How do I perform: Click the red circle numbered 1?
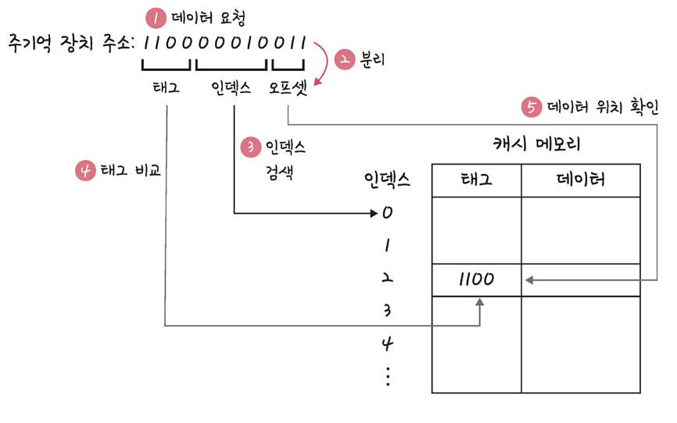point(156,16)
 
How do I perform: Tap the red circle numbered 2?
point(345,61)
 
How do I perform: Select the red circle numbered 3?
point(250,147)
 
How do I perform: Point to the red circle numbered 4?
point(85,171)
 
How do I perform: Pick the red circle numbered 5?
point(532,107)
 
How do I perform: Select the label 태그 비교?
point(130,171)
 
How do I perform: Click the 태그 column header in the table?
point(475,180)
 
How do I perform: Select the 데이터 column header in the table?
point(580,180)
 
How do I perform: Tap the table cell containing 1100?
point(475,279)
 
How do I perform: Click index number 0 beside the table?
point(388,212)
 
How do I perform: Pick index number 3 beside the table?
point(388,311)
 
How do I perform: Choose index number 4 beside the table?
point(388,343)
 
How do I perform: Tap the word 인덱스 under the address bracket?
point(231,88)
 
